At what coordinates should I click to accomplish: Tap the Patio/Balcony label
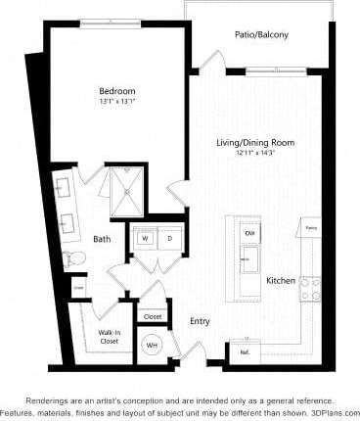click(x=260, y=34)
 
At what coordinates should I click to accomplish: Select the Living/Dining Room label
click(x=255, y=143)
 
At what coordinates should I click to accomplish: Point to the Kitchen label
click(x=281, y=281)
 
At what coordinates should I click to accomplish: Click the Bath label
click(x=102, y=238)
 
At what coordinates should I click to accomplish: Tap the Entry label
click(x=201, y=320)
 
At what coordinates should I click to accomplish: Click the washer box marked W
click(x=144, y=238)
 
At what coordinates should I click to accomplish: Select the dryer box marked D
click(x=168, y=238)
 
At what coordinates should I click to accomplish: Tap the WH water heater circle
click(x=153, y=345)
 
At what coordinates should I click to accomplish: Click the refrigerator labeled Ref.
click(x=244, y=351)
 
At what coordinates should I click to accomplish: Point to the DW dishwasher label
click(x=248, y=233)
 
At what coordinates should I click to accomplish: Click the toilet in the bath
click(x=70, y=258)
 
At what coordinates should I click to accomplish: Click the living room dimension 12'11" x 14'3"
click(x=255, y=154)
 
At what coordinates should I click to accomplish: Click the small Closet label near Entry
click(x=153, y=316)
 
